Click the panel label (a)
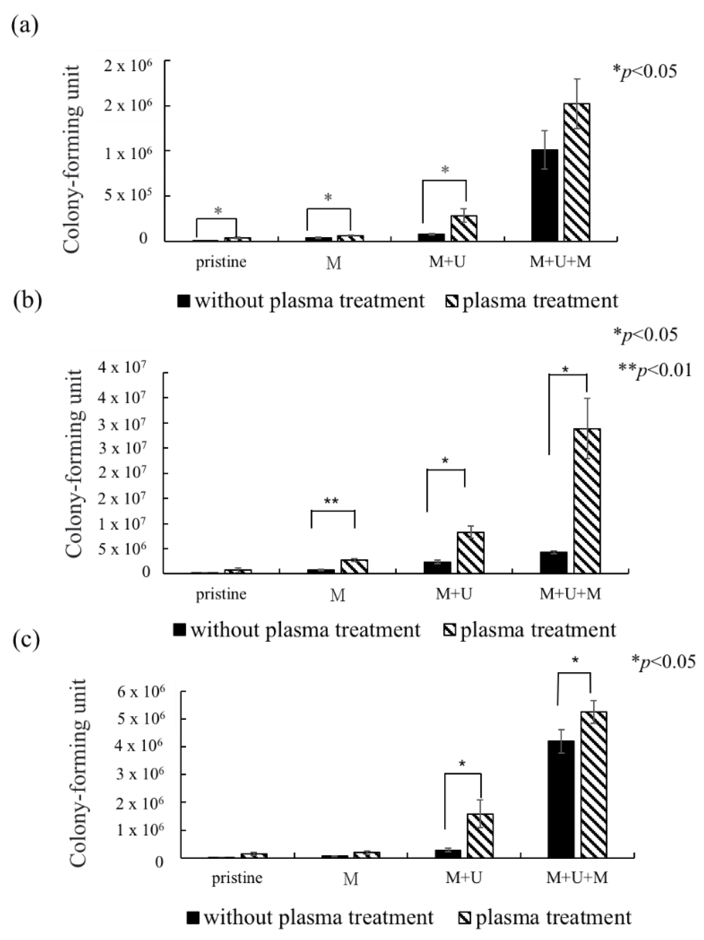point(25,26)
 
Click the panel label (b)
point(27,300)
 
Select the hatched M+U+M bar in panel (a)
point(576,172)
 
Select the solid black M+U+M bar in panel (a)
point(544,195)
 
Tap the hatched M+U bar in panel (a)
point(463,228)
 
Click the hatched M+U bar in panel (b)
point(470,552)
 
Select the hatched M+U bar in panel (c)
point(480,835)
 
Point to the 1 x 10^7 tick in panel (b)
point(121,524)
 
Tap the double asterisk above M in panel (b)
point(331,502)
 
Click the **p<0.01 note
point(654,370)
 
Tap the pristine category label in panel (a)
point(221,262)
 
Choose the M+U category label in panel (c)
point(463,878)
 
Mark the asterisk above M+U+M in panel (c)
point(575,661)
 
